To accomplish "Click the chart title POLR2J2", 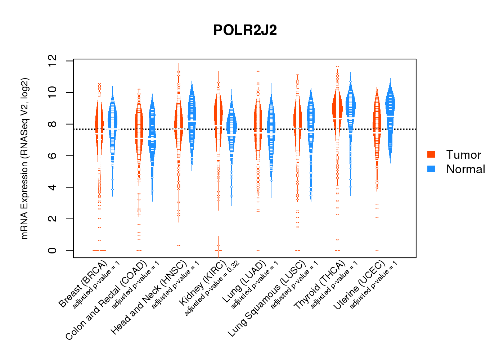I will [x=245, y=30].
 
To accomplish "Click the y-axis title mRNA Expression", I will [x=24, y=158].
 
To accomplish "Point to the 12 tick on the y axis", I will [x=52, y=61].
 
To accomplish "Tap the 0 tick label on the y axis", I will [x=52, y=250].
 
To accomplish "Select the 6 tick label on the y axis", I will [x=52, y=156].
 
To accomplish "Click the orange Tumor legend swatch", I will [x=431, y=154].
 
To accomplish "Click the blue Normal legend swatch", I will [x=431, y=169].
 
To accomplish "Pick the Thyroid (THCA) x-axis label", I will [x=319, y=285].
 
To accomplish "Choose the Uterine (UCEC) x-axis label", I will [x=359, y=285].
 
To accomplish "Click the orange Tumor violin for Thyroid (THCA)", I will [x=337, y=112].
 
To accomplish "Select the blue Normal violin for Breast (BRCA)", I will [x=113, y=122].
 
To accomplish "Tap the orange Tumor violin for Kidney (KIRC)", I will [x=218, y=115].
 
